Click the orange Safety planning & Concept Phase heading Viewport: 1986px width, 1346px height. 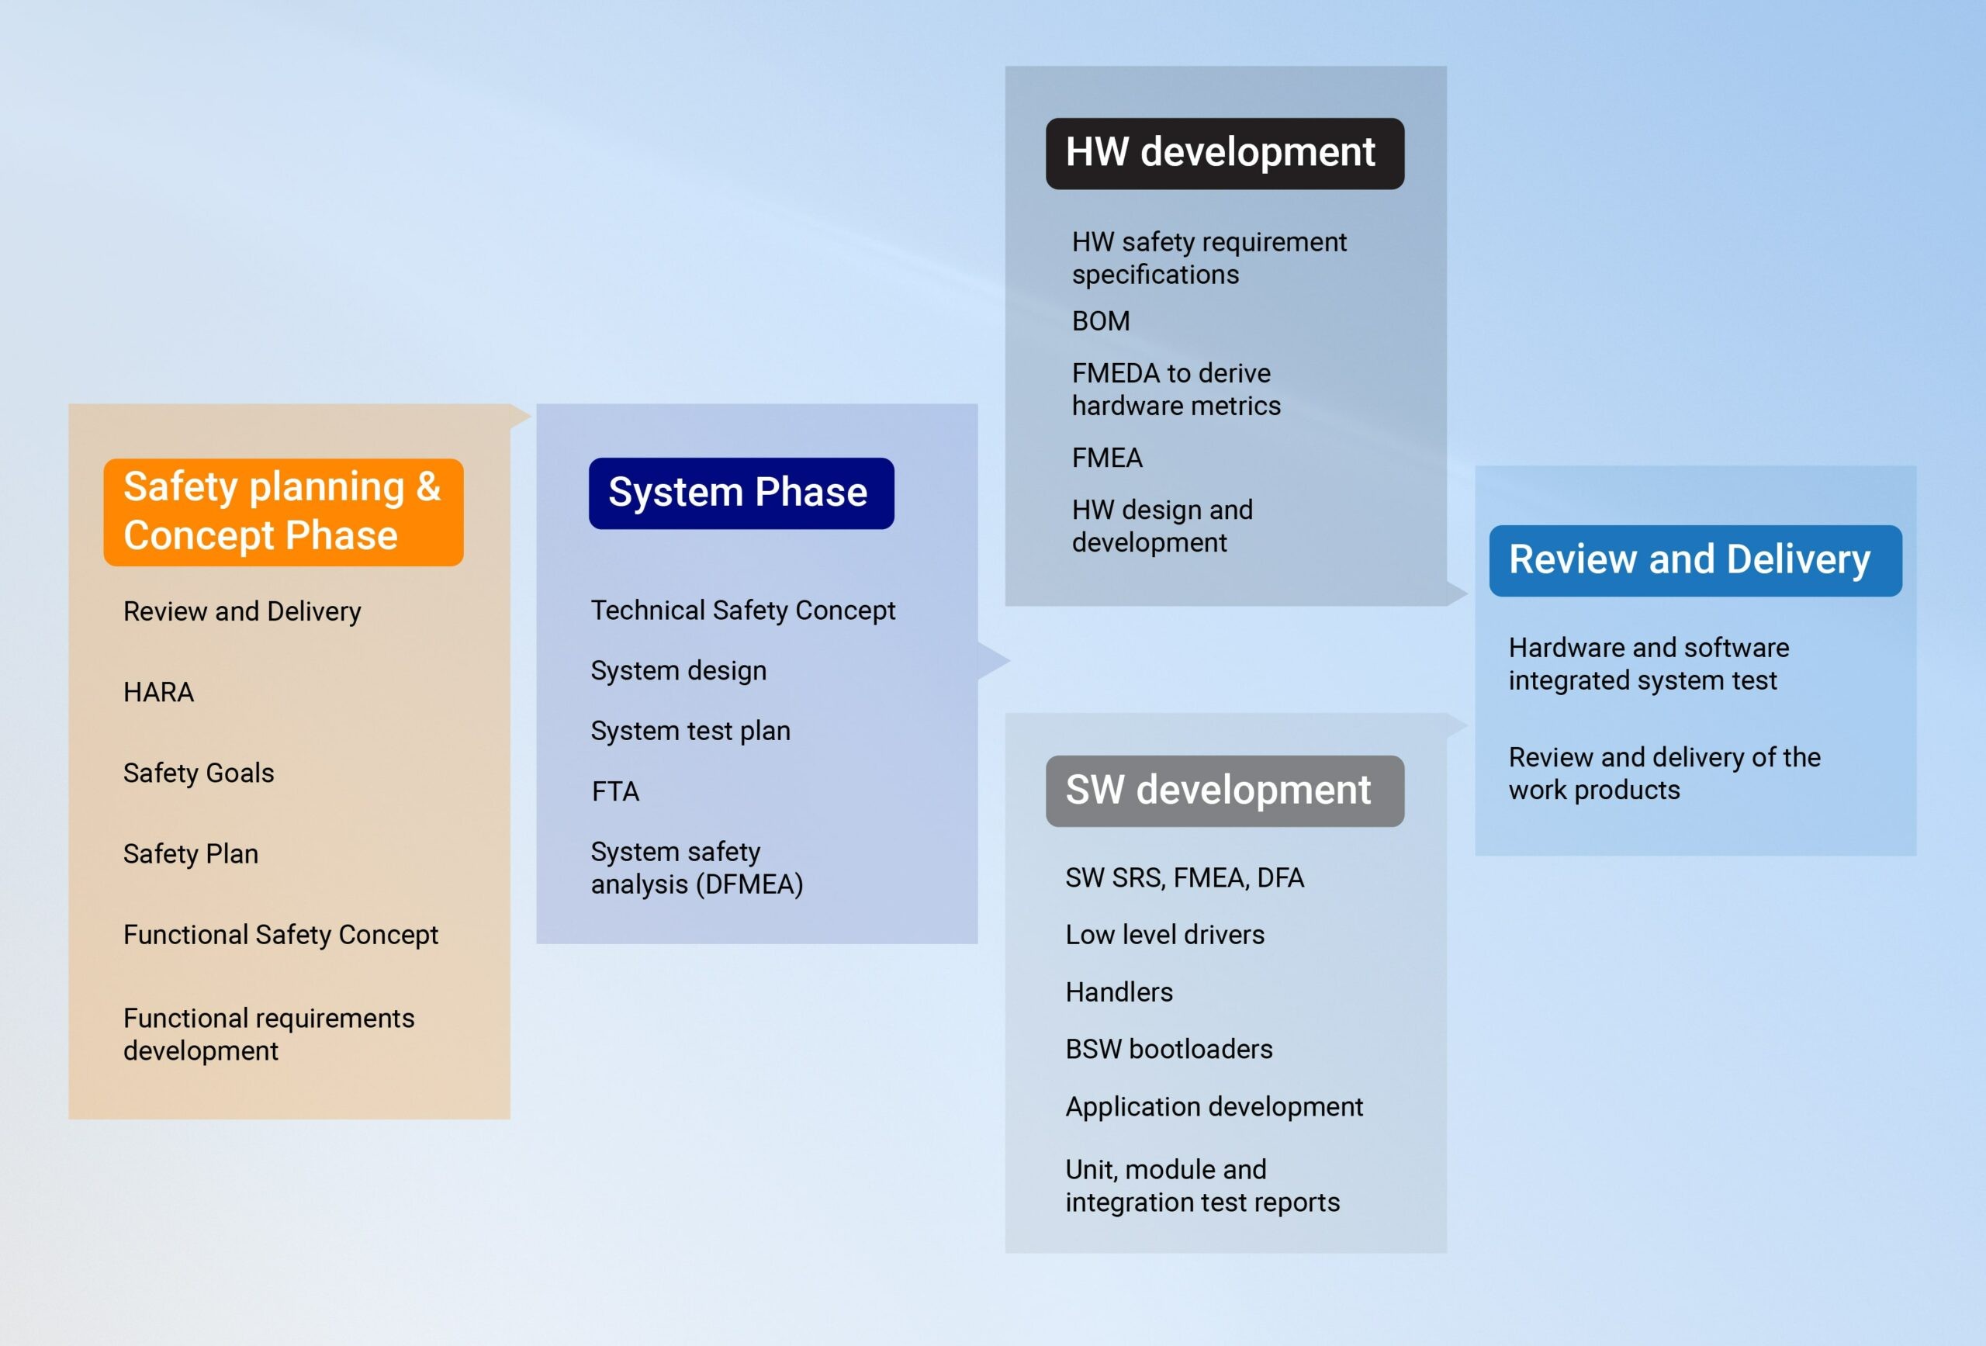(283, 512)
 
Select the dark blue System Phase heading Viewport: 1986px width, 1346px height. (741, 493)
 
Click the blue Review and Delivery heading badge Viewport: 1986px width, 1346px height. (1694, 561)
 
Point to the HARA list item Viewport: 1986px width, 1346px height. (159, 692)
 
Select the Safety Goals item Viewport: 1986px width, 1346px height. (199, 773)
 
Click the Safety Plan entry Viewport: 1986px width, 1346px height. (191, 853)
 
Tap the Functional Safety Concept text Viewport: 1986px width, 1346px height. (280, 935)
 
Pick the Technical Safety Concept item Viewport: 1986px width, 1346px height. (742, 611)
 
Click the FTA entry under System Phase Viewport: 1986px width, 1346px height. (615, 791)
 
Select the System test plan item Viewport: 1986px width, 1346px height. (690, 731)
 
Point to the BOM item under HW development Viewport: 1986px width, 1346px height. (1101, 321)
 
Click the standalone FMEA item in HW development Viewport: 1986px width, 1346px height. (1107, 458)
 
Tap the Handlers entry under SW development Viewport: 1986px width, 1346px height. (1119, 992)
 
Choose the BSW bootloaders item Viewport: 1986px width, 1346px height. (1168, 1050)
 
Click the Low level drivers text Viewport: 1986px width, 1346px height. (1164, 935)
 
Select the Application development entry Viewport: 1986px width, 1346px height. (1213, 1107)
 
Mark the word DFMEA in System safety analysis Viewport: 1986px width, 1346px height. (749, 884)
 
